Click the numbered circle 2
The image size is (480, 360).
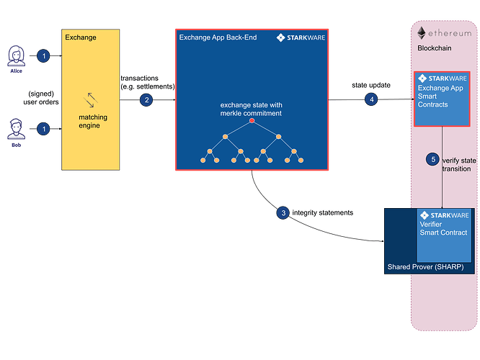coord(146,100)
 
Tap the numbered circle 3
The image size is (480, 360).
coord(284,212)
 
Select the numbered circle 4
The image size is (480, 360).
coord(371,100)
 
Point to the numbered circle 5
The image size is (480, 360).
coord(433,158)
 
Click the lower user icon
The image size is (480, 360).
coord(16,132)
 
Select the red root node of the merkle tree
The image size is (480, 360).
coord(252,121)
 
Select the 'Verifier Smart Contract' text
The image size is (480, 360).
coord(443,228)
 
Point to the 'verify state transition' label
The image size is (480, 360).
coord(456,163)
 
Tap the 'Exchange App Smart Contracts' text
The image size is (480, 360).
coord(443,96)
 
